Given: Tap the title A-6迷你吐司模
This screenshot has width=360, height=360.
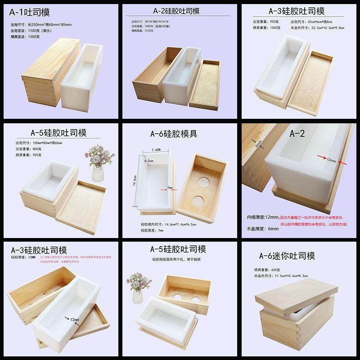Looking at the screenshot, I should coord(293,256).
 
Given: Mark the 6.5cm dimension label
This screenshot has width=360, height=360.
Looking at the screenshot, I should coord(148,160).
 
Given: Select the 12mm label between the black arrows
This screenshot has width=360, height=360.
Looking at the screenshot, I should coord(74,319).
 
